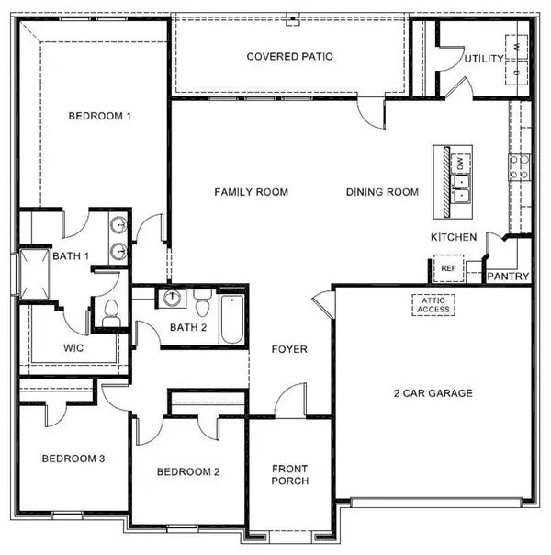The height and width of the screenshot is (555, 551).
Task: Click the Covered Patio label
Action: pos(289,57)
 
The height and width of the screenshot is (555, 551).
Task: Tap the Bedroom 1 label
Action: pos(101,116)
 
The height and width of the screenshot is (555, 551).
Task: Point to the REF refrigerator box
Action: pos(448,268)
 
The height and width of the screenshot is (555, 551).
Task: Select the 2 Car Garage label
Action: pos(433,393)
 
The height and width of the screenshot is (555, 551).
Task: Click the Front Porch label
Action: pos(289,475)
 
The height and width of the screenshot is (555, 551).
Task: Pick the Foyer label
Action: pos(288,350)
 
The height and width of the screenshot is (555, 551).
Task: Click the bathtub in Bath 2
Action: pos(232,318)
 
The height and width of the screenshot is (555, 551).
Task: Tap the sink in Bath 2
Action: pos(172,299)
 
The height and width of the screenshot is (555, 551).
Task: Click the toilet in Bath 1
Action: pos(112,311)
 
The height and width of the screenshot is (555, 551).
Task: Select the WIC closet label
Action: pos(74,348)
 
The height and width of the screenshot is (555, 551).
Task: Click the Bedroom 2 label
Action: pos(188,472)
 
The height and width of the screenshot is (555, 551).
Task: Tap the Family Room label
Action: pos(251,192)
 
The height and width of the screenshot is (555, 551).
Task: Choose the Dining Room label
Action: pos(382,192)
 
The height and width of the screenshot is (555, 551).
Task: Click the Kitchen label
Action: pos(454,238)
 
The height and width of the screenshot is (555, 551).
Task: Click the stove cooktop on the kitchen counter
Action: pos(519,165)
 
